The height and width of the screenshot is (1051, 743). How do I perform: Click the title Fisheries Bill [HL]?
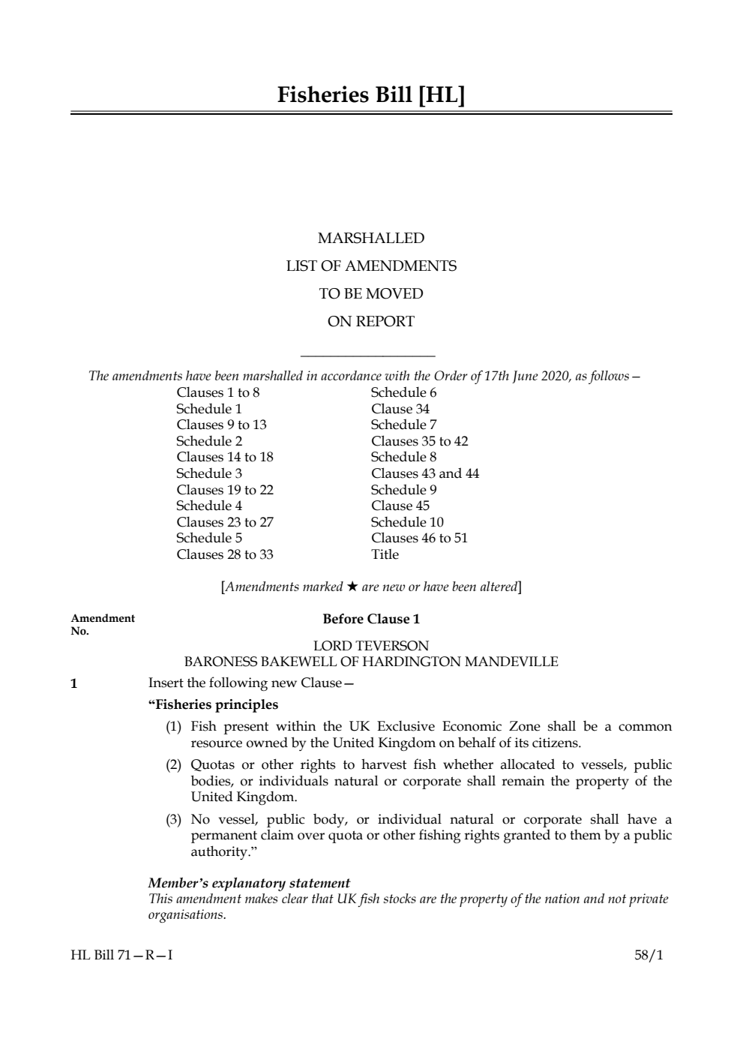[x=371, y=95]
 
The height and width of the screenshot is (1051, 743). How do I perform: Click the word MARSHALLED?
[x=371, y=238]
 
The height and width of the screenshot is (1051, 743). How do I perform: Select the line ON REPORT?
[x=371, y=321]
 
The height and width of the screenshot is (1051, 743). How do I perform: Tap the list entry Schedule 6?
[x=403, y=392]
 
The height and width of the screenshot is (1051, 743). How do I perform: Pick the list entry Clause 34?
[x=400, y=409]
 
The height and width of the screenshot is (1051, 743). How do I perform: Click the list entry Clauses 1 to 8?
[x=218, y=392]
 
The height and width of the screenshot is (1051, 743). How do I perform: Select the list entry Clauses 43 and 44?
[x=425, y=473]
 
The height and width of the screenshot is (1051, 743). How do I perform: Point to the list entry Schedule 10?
[x=407, y=522]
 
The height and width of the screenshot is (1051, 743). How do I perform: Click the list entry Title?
[x=385, y=554]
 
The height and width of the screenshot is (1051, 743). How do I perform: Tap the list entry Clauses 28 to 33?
[x=225, y=554]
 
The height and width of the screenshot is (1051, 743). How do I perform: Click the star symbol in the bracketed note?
[x=352, y=587]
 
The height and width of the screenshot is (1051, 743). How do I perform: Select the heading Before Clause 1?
[x=371, y=619]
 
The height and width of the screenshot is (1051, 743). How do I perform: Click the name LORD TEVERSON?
[x=371, y=645]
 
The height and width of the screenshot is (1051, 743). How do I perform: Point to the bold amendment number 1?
[x=73, y=683]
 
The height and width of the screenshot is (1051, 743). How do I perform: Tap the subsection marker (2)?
[x=174, y=765]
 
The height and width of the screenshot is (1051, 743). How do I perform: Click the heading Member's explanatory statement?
[x=249, y=883]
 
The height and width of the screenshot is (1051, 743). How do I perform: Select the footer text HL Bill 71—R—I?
[x=121, y=955]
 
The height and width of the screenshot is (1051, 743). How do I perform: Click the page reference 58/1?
[x=649, y=955]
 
